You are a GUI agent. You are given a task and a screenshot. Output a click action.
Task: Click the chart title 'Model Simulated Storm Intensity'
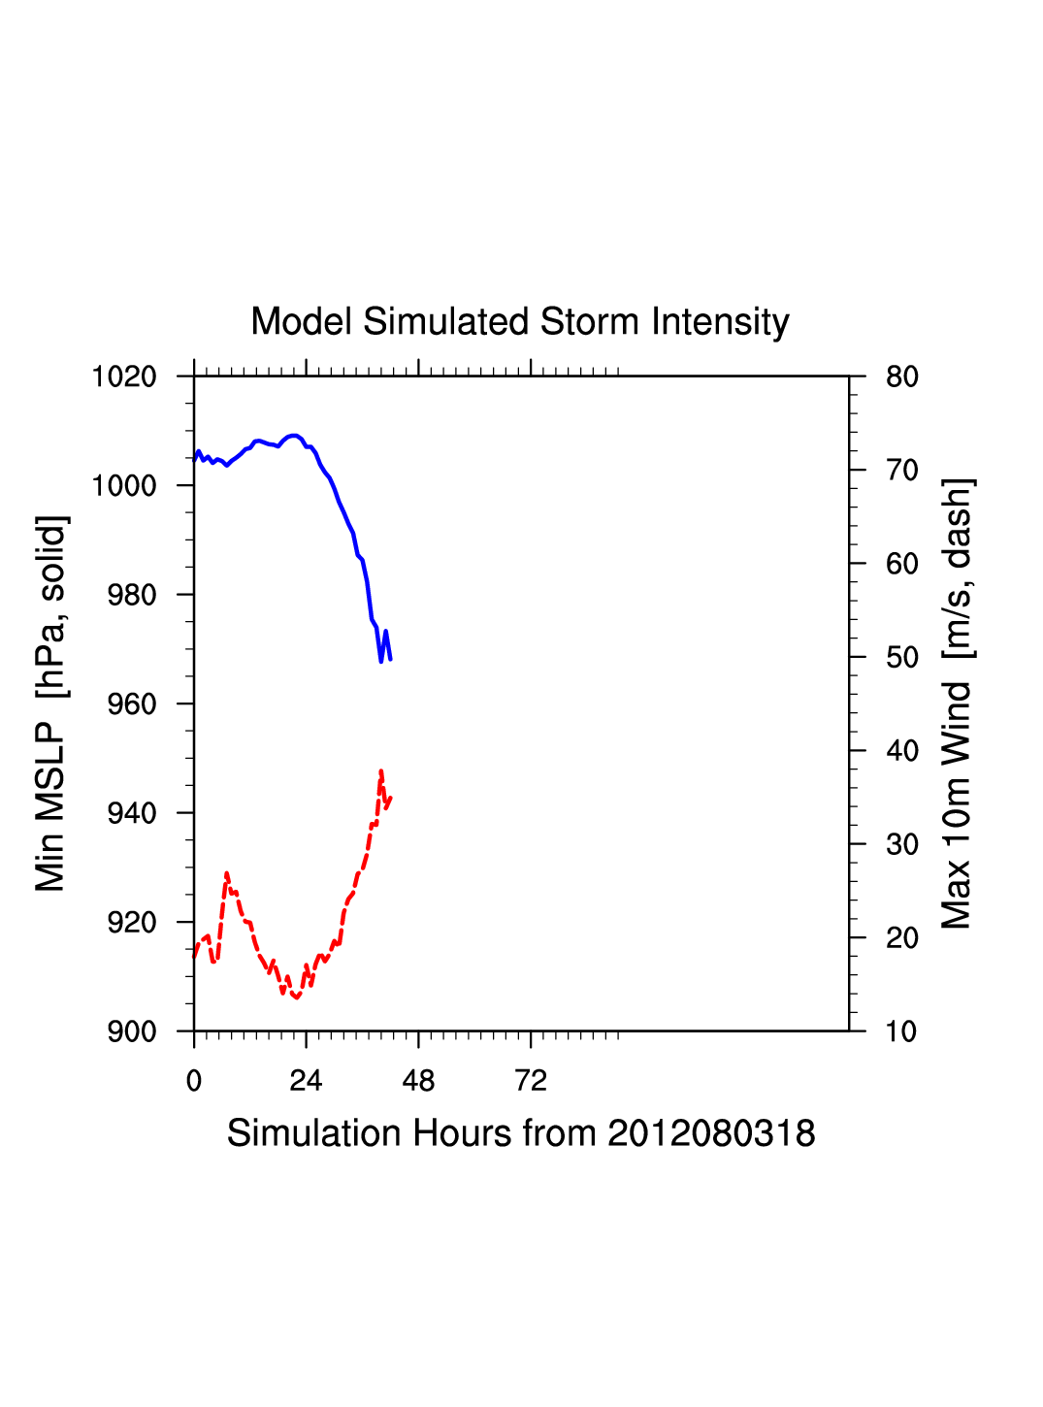pos(520,322)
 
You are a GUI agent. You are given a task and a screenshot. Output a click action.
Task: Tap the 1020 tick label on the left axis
pos(124,376)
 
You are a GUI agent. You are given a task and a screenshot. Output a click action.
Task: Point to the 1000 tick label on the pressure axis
pos(124,485)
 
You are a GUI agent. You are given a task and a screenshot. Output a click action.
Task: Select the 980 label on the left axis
pos(132,595)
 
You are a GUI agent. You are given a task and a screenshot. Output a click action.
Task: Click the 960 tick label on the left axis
pos(132,704)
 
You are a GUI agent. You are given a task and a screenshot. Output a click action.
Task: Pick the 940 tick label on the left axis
pos(132,813)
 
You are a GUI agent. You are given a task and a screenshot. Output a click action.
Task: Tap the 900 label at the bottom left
pos(132,1031)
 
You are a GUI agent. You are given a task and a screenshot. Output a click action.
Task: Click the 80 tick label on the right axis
pos(901,376)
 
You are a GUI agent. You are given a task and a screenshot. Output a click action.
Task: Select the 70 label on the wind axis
pos(901,471)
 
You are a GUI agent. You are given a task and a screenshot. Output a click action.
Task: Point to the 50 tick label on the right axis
pos(901,658)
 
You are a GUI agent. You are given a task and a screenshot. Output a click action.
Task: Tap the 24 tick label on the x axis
pos(306,1081)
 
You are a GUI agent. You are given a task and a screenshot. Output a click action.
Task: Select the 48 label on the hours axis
pos(418,1081)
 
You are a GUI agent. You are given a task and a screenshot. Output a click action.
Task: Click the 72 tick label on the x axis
pos(531,1081)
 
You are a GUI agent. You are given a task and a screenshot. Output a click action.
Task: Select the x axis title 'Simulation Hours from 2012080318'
pos(521,1133)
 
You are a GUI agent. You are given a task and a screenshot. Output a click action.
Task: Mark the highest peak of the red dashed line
pos(381,771)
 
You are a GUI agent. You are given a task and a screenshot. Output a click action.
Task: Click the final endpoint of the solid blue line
pos(390,660)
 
